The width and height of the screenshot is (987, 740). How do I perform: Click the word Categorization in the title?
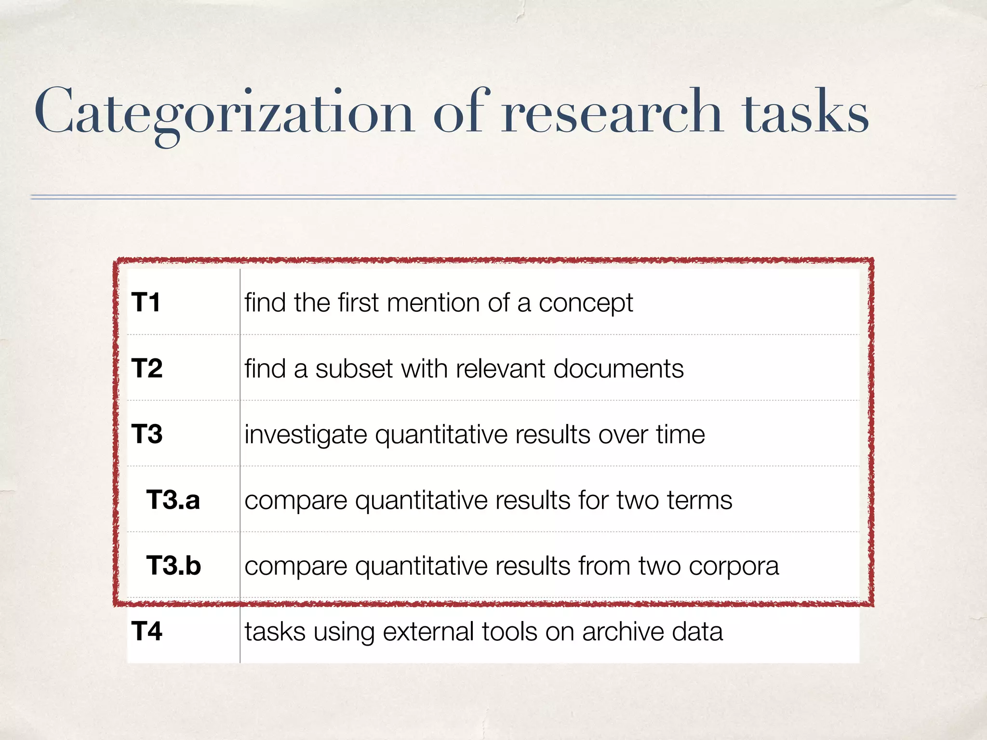point(224,112)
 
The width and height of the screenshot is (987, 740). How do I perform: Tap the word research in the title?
point(612,112)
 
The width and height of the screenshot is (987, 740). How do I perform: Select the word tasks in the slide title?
point(806,112)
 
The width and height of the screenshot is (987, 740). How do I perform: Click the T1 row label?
point(146,303)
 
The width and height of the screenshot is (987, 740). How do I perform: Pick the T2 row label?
point(147,369)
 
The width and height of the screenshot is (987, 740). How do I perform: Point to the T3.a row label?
point(173,500)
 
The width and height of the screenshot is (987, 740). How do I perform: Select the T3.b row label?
point(173,566)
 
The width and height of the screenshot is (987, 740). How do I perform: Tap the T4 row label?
point(147,631)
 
